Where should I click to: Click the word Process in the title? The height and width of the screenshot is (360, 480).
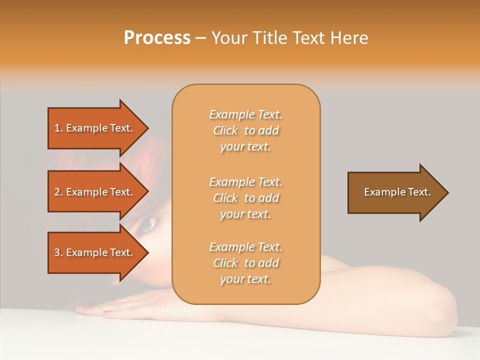[x=157, y=38]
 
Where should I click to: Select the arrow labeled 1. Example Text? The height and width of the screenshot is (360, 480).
[x=95, y=128]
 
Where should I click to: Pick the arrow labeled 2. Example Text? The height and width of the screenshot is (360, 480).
[x=95, y=192]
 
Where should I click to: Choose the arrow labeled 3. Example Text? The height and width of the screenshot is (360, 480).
[x=95, y=252]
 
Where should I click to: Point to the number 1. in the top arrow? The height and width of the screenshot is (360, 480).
[x=58, y=128]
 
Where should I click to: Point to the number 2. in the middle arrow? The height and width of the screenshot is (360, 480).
[x=58, y=192]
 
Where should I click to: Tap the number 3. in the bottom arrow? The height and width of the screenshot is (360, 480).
[x=58, y=252]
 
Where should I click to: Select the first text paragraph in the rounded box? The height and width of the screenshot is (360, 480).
[x=246, y=130]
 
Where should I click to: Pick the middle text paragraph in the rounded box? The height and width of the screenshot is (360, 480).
[x=246, y=198]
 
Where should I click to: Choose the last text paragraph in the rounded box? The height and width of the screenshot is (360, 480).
[x=246, y=263]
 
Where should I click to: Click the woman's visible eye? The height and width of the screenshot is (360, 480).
[x=148, y=226]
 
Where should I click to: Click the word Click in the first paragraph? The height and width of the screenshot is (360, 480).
[x=225, y=130]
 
